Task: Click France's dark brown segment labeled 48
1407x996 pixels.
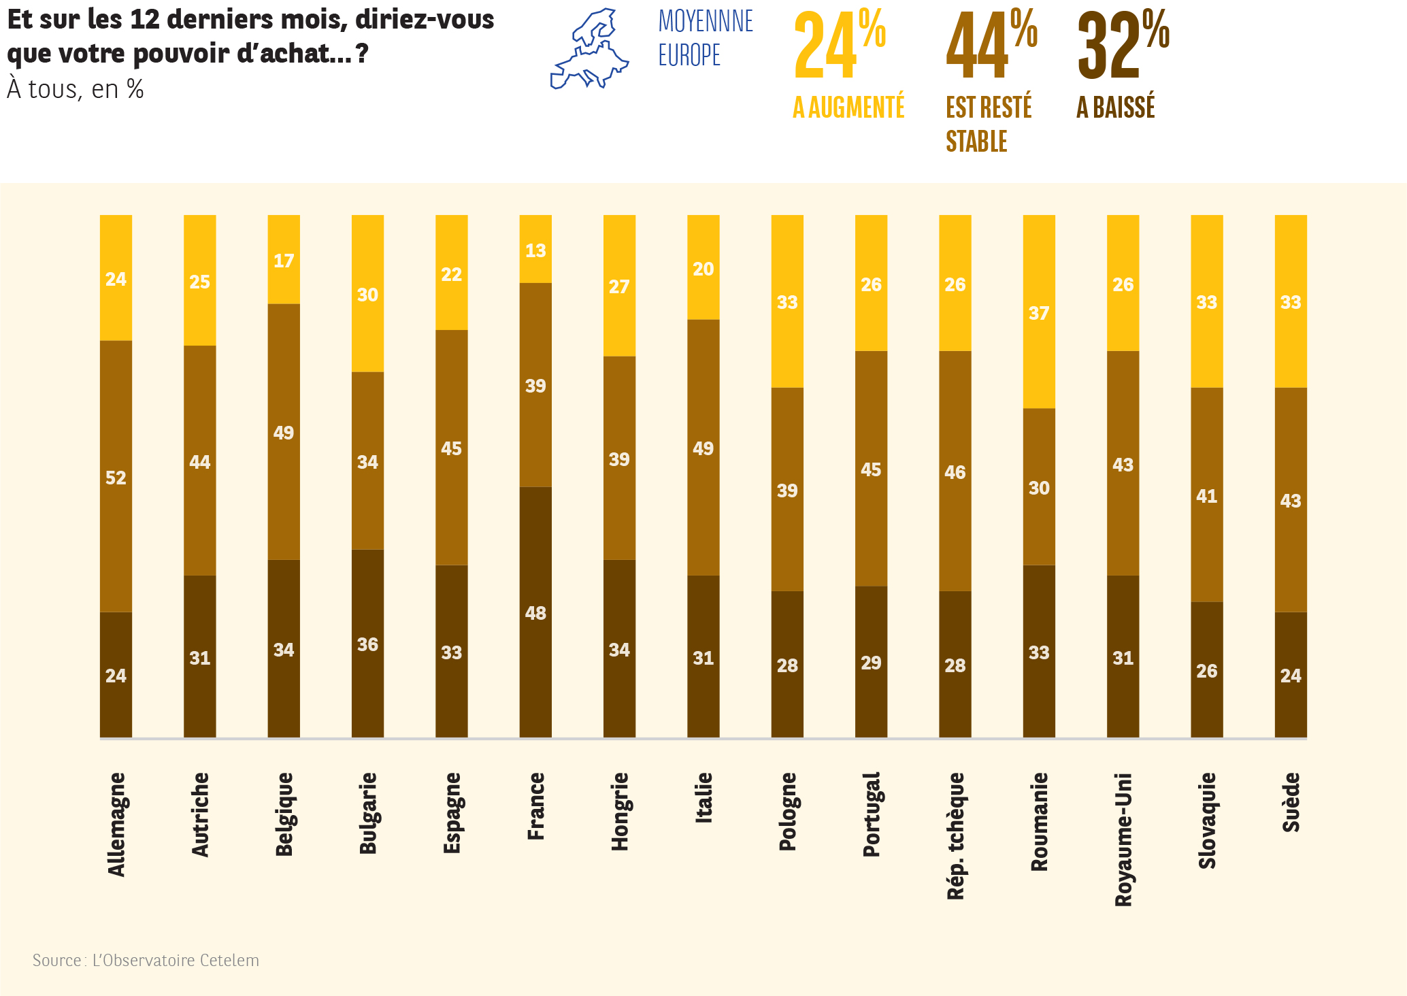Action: tap(535, 612)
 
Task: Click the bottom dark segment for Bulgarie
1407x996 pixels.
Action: tap(367, 644)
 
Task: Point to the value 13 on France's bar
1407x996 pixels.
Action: tap(535, 250)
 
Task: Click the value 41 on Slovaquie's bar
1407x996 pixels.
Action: tap(1206, 496)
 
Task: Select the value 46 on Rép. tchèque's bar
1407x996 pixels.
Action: tap(955, 471)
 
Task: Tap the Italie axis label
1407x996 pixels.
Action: tap(703, 797)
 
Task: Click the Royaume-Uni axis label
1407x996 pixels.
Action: tap(1123, 839)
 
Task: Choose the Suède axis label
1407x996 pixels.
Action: tap(1291, 802)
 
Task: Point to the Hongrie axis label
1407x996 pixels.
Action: tap(620, 811)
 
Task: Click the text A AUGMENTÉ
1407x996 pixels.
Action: tap(848, 107)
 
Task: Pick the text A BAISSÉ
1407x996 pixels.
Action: tap(1116, 107)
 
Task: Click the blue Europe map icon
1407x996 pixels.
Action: tap(589, 49)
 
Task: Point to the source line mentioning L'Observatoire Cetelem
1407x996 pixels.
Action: tap(146, 960)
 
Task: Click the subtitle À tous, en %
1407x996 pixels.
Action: tap(76, 89)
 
